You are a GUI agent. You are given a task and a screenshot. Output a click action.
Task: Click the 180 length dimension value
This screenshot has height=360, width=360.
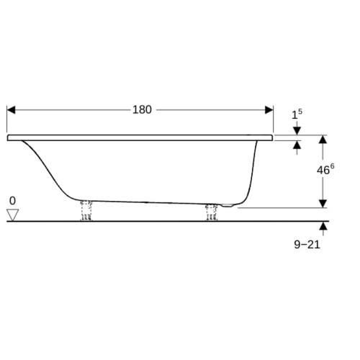(x=142, y=109)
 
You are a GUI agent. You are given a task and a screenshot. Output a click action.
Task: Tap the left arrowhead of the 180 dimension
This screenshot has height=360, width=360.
(x=11, y=110)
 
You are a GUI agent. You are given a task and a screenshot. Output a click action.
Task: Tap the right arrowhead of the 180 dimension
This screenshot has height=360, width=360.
(x=269, y=110)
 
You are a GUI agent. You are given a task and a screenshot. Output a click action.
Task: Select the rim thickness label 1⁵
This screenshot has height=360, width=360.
(x=297, y=114)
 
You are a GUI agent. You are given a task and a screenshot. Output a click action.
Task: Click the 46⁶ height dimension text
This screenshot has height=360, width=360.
(x=325, y=169)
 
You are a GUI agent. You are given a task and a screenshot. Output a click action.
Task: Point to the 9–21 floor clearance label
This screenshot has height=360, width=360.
(x=307, y=245)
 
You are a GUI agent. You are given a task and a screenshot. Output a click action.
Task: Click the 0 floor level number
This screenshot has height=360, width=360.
(x=12, y=201)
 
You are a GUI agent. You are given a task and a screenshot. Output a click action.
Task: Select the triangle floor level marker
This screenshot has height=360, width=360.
(x=12, y=215)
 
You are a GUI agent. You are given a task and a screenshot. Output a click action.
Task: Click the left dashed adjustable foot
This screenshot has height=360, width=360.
(x=86, y=210)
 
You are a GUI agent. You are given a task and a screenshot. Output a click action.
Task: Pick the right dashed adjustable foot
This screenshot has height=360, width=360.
(x=212, y=212)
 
